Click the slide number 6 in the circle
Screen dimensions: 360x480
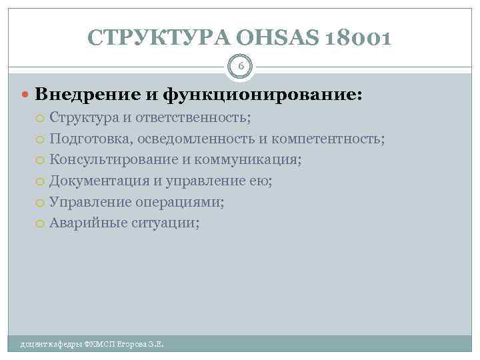click(241, 66)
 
